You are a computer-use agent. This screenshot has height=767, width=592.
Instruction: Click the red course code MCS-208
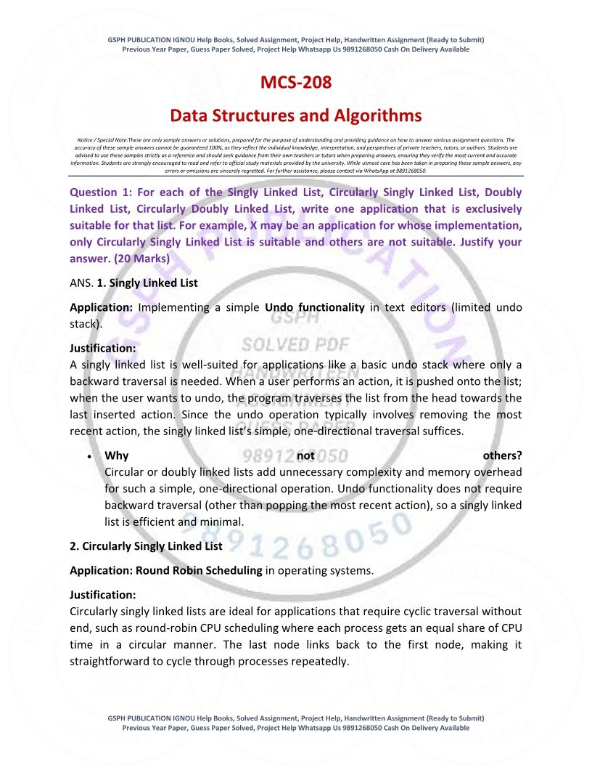(x=296, y=83)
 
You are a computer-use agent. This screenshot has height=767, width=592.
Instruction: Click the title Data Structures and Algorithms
(x=296, y=115)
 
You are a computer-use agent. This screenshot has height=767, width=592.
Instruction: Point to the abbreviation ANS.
(x=81, y=283)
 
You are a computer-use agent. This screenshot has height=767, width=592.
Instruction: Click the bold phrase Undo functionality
(x=315, y=307)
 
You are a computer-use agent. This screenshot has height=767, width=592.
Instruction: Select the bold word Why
(x=117, y=456)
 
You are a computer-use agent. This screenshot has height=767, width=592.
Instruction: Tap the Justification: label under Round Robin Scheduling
(x=102, y=595)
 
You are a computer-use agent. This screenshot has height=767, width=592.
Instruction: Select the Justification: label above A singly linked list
(x=102, y=348)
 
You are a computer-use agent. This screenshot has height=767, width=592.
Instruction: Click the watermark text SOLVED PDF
(x=295, y=344)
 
